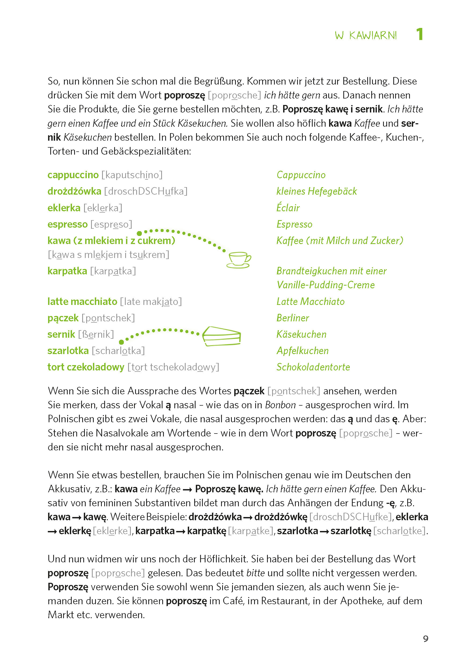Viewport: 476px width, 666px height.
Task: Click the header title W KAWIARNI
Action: (x=366, y=35)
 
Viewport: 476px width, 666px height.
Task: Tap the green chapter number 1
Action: (x=420, y=34)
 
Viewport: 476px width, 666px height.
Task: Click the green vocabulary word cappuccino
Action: (x=73, y=175)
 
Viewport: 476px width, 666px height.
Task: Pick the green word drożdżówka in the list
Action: (x=74, y=191)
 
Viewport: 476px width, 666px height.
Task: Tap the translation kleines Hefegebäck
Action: (x=316, y=191)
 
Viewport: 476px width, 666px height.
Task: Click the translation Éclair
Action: (x=288, y=208)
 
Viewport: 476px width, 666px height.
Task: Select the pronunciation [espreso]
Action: (x=111, y=224)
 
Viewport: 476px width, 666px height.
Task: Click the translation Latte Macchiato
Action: (x=311, y=301)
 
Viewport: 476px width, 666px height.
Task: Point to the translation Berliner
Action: (x=293, y=318)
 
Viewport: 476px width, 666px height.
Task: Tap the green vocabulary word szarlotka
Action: (x=68, y=351)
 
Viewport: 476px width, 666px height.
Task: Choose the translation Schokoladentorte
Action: (x=313, y=367)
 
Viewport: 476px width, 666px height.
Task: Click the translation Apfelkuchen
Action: (x=302, y=351)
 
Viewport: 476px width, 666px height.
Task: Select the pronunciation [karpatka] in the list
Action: (x=113, y=271)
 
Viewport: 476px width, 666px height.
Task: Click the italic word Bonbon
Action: (x=280, y=405)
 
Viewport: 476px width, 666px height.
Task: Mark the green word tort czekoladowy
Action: (x=86, y=367)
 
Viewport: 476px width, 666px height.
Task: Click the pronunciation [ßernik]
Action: (x=96, y=334)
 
